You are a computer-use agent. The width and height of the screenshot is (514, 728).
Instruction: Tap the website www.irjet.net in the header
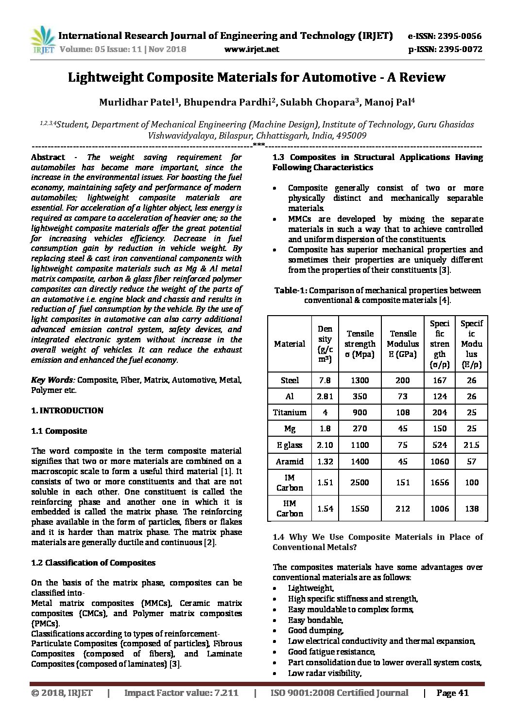253,49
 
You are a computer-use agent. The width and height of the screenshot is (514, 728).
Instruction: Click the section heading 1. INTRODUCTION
67,410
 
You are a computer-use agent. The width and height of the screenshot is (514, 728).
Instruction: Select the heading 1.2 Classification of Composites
93,563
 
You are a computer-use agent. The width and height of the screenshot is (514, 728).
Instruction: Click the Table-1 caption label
291,290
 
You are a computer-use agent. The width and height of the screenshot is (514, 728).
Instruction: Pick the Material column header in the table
290,344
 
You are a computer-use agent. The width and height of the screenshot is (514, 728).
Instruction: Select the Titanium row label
290,412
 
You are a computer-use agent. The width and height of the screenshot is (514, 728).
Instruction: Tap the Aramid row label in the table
290,462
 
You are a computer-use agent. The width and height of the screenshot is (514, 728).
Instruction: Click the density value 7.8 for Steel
325,380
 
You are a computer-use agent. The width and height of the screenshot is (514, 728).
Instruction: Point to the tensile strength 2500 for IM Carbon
360,482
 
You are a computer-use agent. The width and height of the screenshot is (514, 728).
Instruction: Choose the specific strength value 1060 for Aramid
440,462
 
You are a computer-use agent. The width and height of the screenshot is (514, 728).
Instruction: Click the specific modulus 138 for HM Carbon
471,509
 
